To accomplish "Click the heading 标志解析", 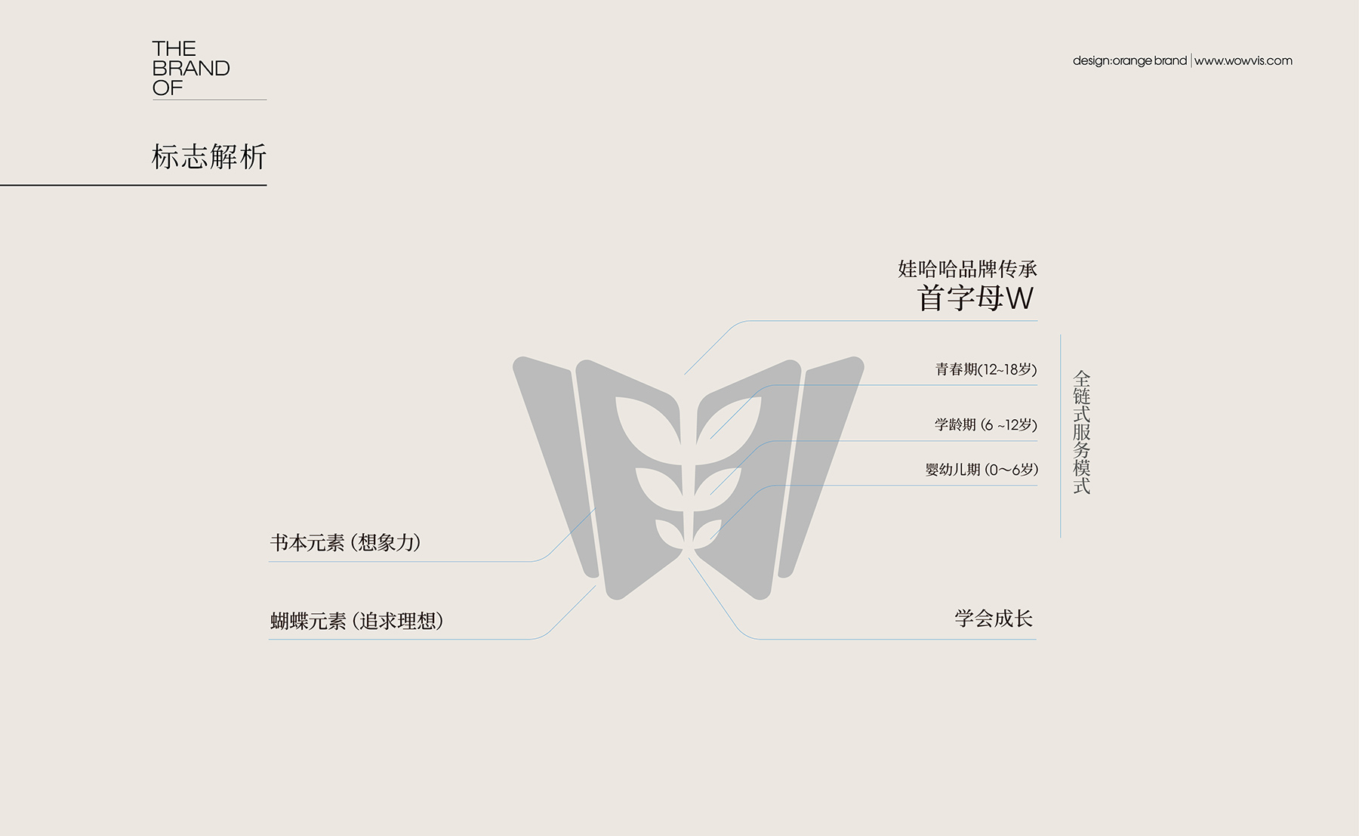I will point(209,157).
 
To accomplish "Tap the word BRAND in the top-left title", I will point(191,69).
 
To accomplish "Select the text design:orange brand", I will point(1129,60).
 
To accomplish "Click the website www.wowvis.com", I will point(1243,60).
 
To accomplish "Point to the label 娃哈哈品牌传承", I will point(967,269).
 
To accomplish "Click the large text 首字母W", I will point(975,298).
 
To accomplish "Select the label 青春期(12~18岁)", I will point(986,369).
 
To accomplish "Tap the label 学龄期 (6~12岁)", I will point(985,424).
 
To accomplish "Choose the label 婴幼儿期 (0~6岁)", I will point(981,469).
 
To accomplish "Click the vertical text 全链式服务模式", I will point(1082,432).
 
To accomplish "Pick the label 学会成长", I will point(994,619).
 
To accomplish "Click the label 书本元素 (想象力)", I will point(345,542).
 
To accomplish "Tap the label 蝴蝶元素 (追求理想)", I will point(356,621).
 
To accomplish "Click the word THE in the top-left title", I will point(174,49).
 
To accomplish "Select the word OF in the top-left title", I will point(168,88).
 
